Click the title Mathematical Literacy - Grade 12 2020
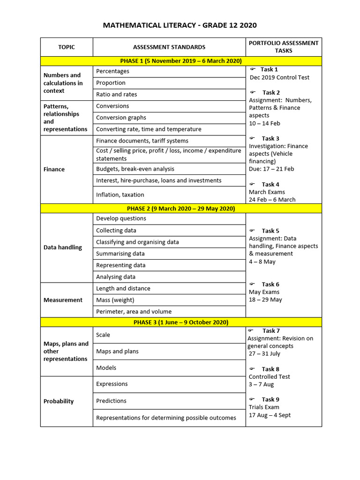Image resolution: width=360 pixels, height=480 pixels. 180,25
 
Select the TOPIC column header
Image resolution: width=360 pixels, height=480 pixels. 67,47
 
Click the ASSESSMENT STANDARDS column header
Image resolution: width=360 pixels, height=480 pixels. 169,47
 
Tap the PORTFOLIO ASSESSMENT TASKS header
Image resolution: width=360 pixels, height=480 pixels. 284,47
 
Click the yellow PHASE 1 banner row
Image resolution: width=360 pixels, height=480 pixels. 181,61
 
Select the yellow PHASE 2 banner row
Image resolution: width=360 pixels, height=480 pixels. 181,209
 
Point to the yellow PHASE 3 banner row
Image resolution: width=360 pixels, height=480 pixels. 181,322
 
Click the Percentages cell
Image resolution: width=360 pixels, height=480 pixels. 113,71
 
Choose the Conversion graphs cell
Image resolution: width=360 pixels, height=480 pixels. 121,118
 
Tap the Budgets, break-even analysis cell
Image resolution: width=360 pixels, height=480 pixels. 135,169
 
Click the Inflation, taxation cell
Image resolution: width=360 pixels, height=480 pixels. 120,195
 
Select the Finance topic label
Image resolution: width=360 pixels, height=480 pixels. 54,169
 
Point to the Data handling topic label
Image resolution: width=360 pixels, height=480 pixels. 62,247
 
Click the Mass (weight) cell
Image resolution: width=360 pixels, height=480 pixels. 115,300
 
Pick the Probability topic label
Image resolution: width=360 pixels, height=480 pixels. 59,401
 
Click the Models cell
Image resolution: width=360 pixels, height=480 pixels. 106,368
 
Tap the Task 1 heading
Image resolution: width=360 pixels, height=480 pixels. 269,69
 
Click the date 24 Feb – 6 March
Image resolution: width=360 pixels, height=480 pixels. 272,200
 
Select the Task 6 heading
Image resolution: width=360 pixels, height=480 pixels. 270,284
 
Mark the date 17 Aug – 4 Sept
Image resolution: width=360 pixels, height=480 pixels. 270,415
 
